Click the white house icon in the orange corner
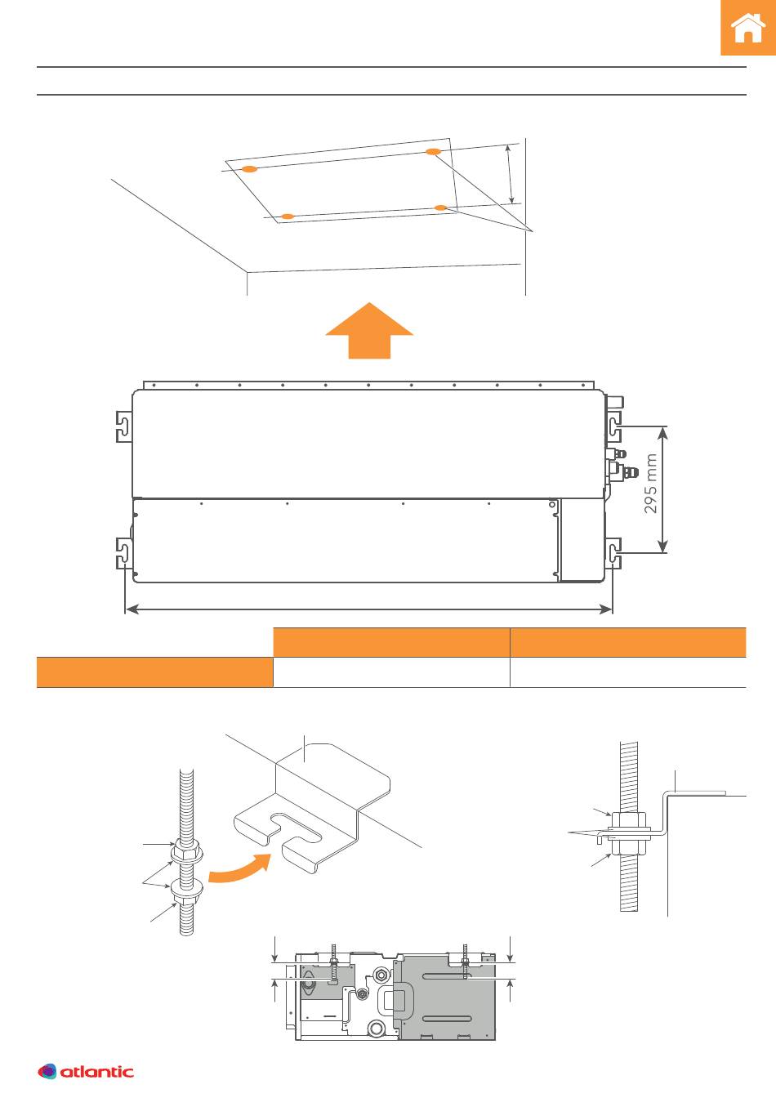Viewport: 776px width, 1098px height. coord(748,28)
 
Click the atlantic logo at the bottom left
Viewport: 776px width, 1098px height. coord(85,1071)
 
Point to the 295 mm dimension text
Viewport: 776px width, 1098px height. coord(650,484)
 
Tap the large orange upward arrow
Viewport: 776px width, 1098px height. coord(369,330)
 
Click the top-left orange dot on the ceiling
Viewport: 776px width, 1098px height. coord(249,169)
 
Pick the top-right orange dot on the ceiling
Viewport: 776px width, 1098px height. coord(433,151)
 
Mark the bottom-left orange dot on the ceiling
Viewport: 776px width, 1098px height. coord(288,216)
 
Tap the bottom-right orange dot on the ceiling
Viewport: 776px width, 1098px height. coord(441,208)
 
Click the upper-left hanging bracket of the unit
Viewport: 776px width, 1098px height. coord(123,426)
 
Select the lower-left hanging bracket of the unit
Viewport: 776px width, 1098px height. coord(123,553)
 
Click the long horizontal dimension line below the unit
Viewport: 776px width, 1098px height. coord(369,609)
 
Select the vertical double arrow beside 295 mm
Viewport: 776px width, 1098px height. coord(662,489)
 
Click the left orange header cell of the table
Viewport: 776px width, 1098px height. coord(391,642)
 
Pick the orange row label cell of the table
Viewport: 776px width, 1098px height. coord(155,672)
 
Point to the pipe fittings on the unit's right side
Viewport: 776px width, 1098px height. coord(622,464)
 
